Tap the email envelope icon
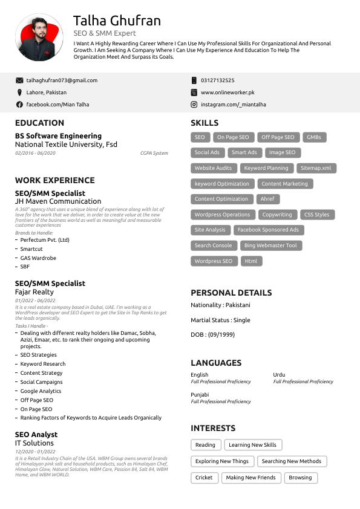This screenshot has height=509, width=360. tap(19, 80)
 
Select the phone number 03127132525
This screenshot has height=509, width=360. tap(217, 80)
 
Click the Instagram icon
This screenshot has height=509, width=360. tap(194, 105)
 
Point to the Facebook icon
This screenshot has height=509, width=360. tap(19, 105)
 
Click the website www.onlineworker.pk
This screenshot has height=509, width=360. tap(227, 92)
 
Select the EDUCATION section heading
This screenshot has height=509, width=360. tap(39, 123)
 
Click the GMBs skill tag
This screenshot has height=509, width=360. tap(313, 137)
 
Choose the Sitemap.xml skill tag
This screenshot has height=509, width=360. tap(316, 168)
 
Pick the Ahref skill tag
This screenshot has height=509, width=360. tap(267, 199)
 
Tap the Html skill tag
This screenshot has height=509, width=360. tap(251, 261)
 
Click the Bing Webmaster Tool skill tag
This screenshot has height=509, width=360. tap(270, 245)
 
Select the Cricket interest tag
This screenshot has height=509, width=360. tap(204, 478)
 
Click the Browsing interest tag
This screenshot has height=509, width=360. tap(300, 478)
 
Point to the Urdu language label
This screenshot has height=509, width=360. tap(279, 375)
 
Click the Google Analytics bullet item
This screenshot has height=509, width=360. tap(41, 391)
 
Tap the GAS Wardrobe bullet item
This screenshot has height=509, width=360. tap(38, 258)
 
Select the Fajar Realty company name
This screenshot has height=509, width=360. tap(34, 292)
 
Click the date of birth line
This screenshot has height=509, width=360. tap(212, 334)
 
